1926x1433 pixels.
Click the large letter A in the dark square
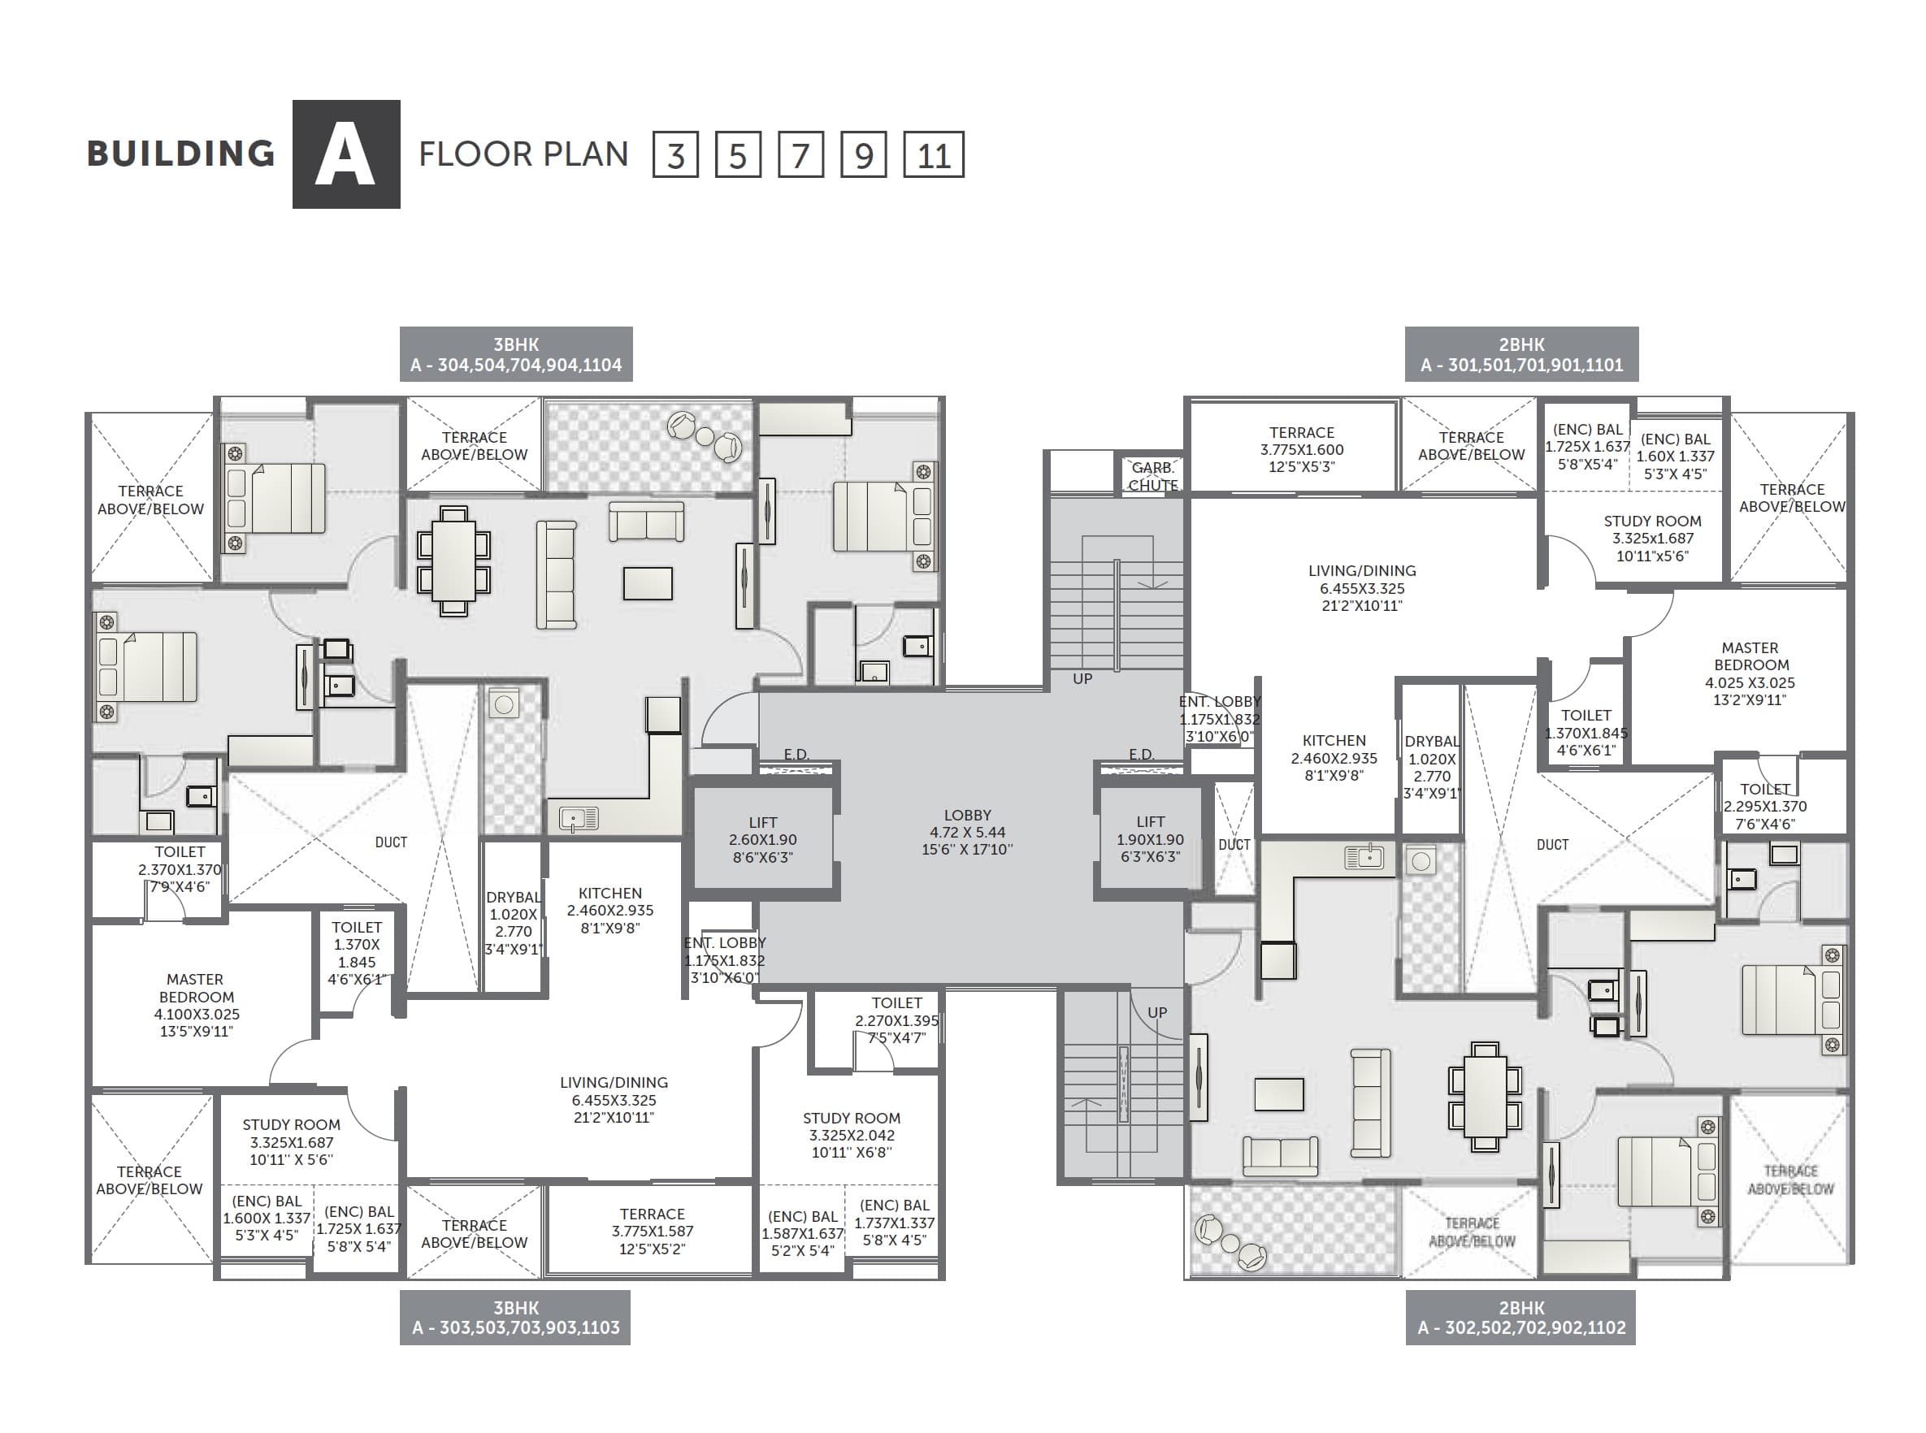pyautogui.click(x=345, y=154)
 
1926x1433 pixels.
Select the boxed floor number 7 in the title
pyautogui.click(x=800, y=155)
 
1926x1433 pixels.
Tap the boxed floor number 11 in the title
pyautogui.click(x=934, y=155)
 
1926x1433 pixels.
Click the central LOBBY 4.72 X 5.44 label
pyautogui.click(x=966, y=832)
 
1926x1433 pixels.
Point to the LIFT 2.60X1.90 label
pyautogui.click(x=762, y=840)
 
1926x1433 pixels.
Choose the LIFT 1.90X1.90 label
pyautogui.click(x=1151, y=839)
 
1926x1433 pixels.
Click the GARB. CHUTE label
pyautogui.click(x=1152, y=476)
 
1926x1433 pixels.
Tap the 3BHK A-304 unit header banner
pyautogui.click(x=516, y=354)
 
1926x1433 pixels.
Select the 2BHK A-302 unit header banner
pyautogui.click(x=1520, y=1317)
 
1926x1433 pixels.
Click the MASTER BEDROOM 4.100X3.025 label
pyautogui.click(x=196, y=1005)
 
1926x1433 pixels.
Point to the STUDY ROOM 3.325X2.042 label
pyautogui.click(x=851, y=1135)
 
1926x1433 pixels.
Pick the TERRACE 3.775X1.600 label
pyautogui.click(x=1301, y=449)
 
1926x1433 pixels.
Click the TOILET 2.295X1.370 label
pyautogui.click(x=1764, y=806)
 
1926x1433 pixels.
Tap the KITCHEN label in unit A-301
pyautogui.click(x=1334, y=757)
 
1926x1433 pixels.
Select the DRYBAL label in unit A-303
pyautogui.click(x=513, y=923)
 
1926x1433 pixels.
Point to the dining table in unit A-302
pyautogui.click(x=1485, y=1097)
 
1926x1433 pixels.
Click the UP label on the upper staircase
pyautogui.click(x=1082, y=678)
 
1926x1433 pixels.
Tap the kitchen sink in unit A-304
pyautogui.click(x=579, y=818)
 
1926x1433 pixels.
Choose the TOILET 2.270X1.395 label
pyautogui.click(x=896, y=1020)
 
